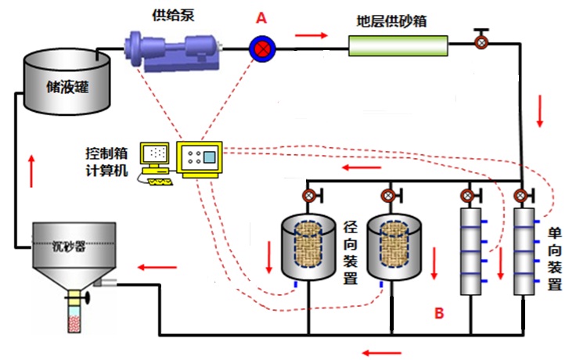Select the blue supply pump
pos(175,51)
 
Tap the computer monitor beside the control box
pos(155,157)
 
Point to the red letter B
pos(439,314)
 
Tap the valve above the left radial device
pos(310,195)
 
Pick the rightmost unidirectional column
pos(522,250)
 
